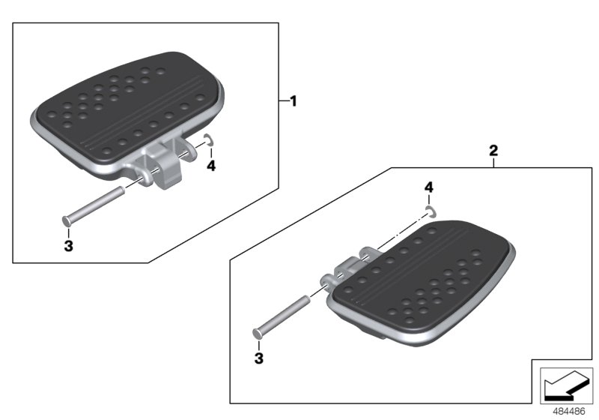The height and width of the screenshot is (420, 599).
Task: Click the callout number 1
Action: pos(294,100)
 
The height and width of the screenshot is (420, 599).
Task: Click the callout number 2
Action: pos(493,150)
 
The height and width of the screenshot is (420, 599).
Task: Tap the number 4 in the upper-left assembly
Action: pos(211,165)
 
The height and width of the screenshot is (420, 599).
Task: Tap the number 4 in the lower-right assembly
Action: pos(428,186)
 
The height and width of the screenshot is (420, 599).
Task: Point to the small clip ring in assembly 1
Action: pos(209,139)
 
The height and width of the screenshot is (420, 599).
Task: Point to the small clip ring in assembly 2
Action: pos(429,211)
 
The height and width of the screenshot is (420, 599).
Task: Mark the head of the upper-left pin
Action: pos(66,220)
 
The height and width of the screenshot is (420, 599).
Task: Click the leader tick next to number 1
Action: pos(283,100)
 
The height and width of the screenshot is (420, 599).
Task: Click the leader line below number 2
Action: pos(493,162)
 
